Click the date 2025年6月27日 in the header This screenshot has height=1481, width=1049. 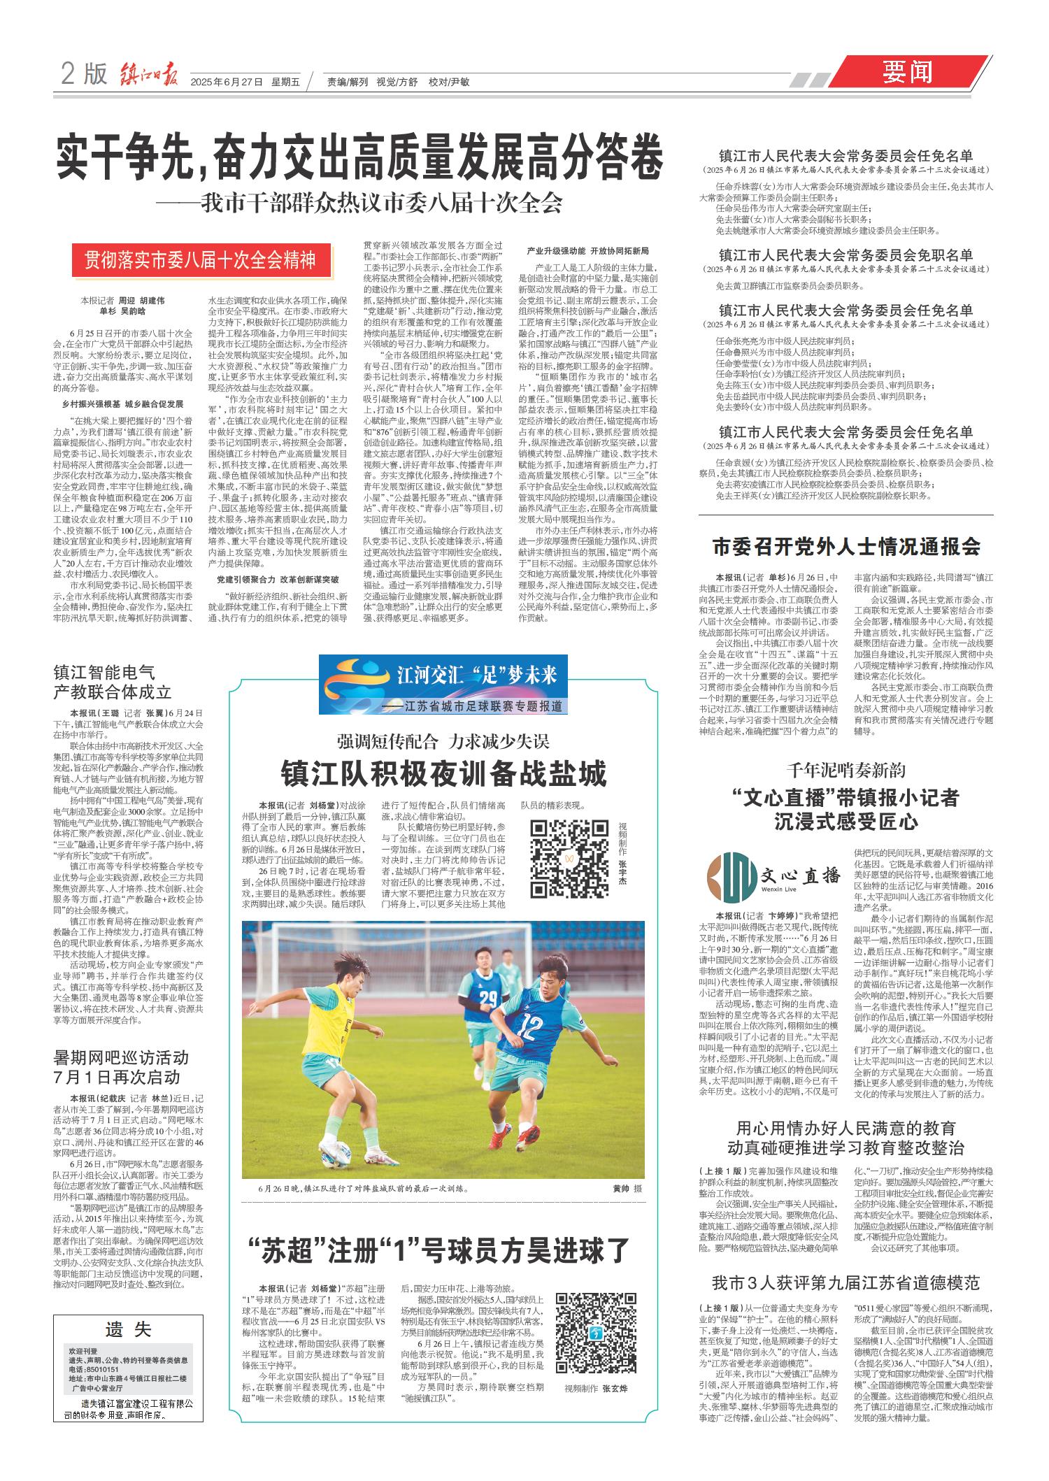tap(226, 82)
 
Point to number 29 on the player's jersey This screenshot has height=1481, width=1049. tap(489, 995)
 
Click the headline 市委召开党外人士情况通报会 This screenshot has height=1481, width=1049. tap(845, 546)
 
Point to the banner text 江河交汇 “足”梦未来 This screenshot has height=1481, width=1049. tap(476, 676)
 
